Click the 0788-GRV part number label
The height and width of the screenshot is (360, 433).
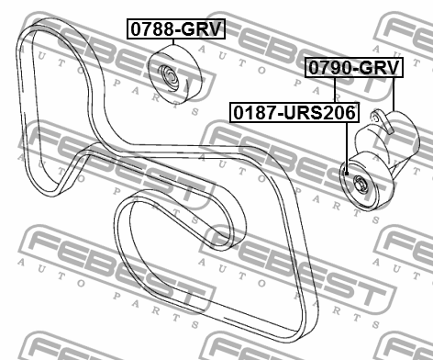point(175,29)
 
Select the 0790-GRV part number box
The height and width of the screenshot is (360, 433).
point(353,68)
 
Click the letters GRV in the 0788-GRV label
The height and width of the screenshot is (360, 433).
point(203,29)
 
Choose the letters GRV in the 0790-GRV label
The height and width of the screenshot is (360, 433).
point(380,68)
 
